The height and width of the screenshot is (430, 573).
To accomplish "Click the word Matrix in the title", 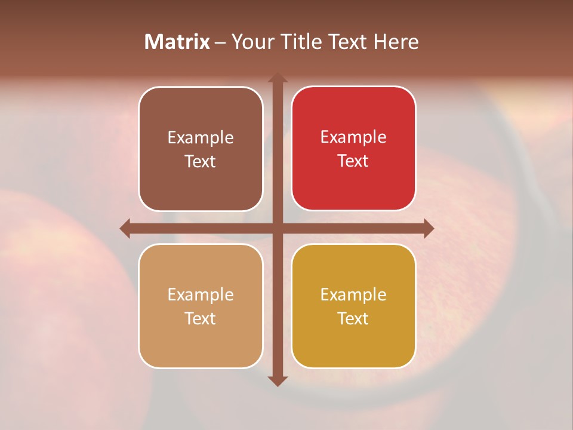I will coord(177,42).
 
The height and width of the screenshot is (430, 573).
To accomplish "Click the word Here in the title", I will coord(396,42).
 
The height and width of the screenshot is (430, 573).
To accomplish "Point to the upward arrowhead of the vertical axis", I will coord(278,78).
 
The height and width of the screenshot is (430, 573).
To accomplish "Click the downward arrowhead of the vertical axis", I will coord(278,381).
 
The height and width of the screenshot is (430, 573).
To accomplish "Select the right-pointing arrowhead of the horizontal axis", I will coord(429,228).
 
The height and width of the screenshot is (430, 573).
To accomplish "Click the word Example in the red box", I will coord(353,137).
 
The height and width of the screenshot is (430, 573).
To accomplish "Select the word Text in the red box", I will coord(353,161).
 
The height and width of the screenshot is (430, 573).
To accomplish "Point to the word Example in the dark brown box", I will coord(201,138).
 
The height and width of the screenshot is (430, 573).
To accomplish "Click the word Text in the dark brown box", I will coord(201,161).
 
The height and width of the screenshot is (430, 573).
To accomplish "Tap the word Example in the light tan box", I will coord(201,295).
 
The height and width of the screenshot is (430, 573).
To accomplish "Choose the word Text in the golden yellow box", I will coord(353,318).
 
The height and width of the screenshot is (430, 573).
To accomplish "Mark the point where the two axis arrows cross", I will coord(278,228).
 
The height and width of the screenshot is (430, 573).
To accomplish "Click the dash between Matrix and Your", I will coord(221,42).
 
